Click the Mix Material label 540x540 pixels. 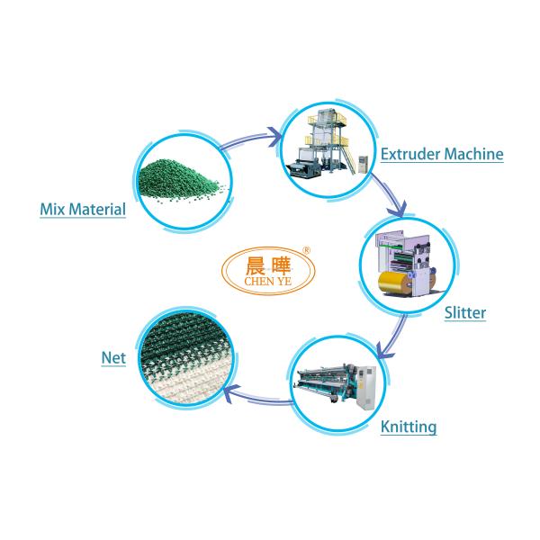(x=81, y=211)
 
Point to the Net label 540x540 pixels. (x=112, y=357)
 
